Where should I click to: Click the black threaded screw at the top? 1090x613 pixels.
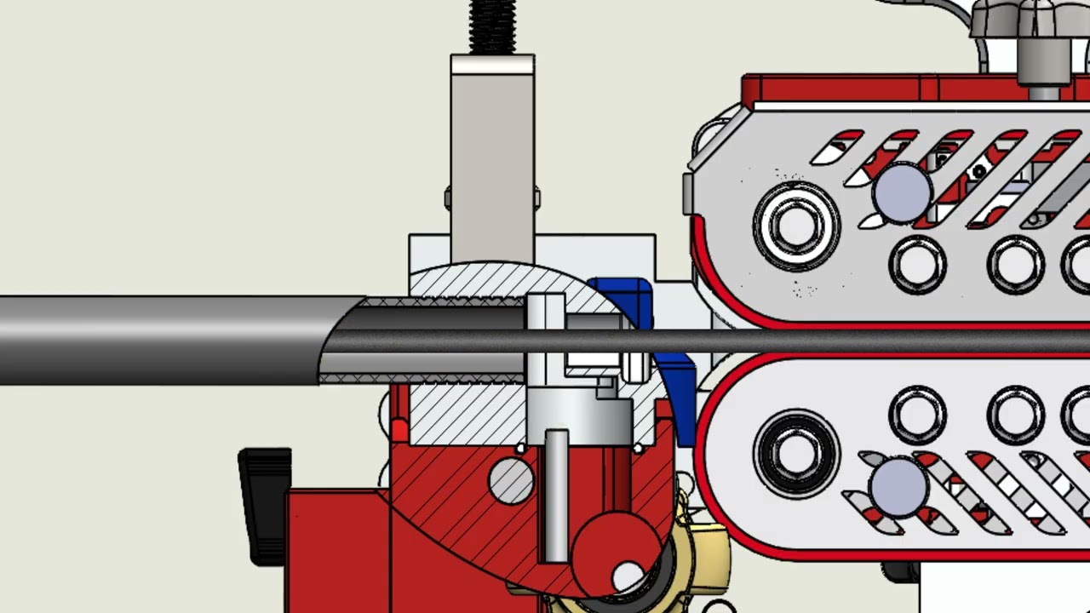pos(492,26)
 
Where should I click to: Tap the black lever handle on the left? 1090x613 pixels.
pos(265,502)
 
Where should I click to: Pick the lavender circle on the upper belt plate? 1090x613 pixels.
pos(902,193)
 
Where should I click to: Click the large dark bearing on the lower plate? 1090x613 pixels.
pos(795,453)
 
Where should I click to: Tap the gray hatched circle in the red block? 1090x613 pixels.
pos(512,480)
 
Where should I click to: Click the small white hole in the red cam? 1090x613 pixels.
pos(628,575)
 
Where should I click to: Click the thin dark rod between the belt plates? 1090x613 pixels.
pos(852,341)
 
